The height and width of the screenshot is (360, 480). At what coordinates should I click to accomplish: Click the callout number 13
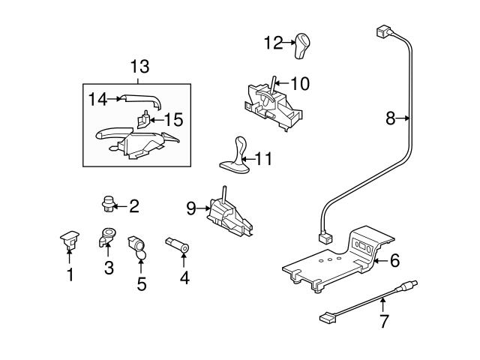tap(139, 67)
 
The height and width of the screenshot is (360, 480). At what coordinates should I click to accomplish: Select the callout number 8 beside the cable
tap(390, 118)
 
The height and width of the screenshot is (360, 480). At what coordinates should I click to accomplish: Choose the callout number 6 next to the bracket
tap(394, 260)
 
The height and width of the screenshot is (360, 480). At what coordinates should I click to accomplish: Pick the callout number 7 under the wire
tap(383, 323)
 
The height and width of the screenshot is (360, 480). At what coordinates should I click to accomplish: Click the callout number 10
tap(299, 83)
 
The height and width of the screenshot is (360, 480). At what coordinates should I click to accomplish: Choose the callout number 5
tap(139, 284)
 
